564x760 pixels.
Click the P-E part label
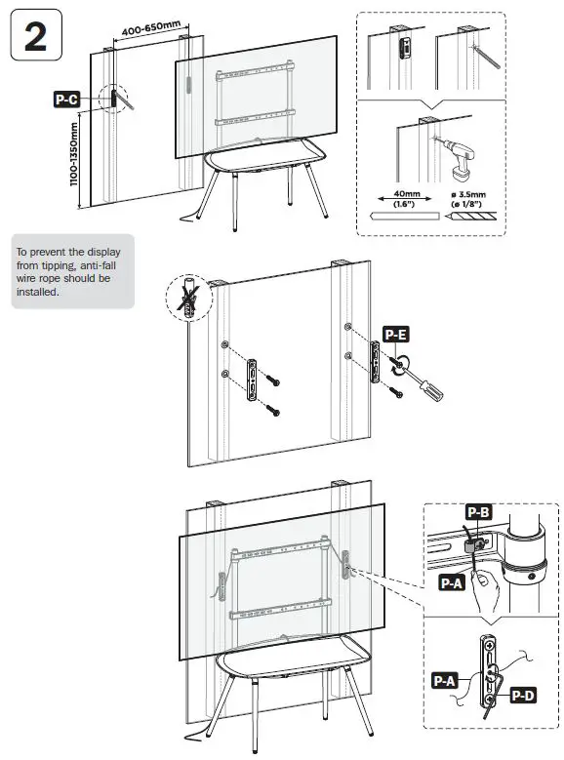(x=396, y=335)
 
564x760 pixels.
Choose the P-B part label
(x=478, y=512)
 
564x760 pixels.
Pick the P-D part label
(x=522, y=694)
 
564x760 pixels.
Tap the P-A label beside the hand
(x=451, y=582)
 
